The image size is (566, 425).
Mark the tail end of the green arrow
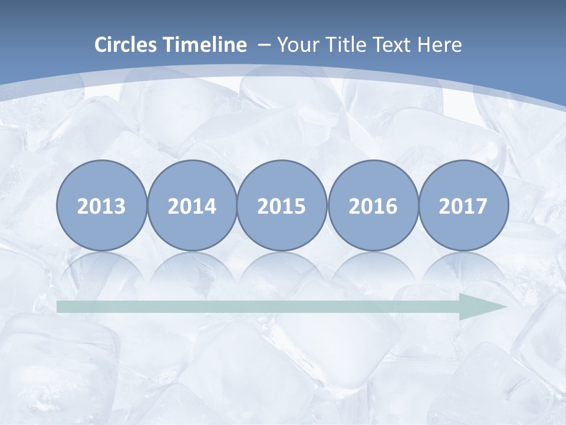click(x=59, y=307)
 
